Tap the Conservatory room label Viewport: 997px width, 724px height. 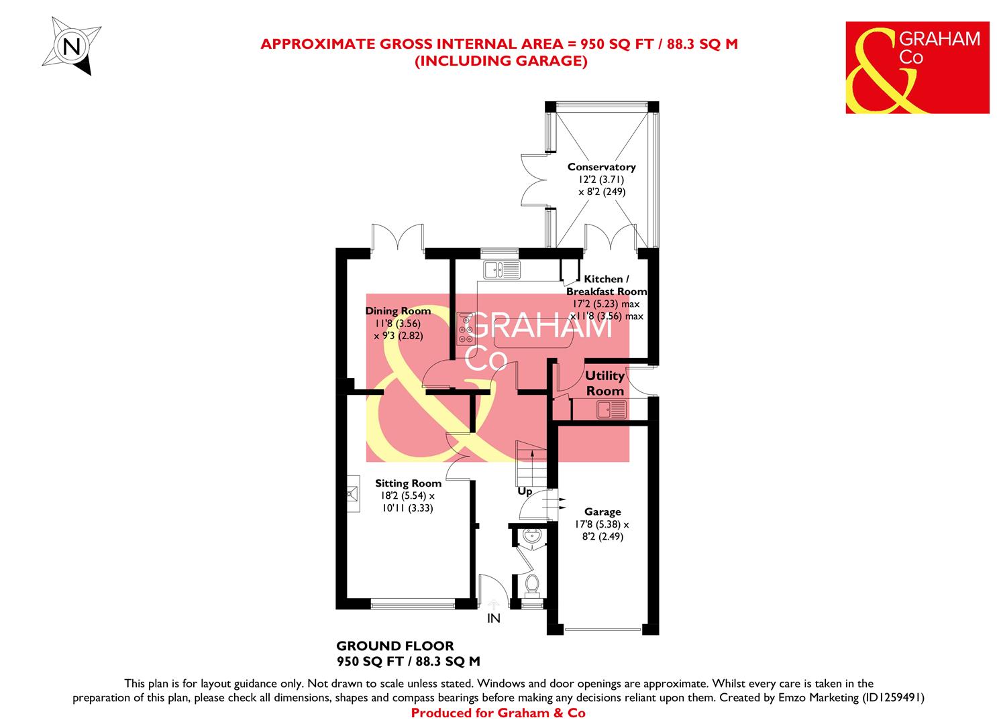click(x=601, y=167)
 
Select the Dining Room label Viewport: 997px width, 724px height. click(x=398, y=311)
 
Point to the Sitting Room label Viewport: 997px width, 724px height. click(x=408, y=483)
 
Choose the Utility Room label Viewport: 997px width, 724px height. click(x=605, y=383)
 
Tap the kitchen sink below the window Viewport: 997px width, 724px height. click(x=501, y=269)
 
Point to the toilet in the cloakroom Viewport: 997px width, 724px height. click(x=532, y=585)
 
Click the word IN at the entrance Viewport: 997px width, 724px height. click(x=494, y=619)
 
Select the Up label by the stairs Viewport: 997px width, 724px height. click(x=525, y=492)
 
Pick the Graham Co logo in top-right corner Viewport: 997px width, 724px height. click(x=917, y=68)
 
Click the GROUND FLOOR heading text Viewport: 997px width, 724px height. click(x=395, y=647)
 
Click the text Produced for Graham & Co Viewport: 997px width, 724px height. click(x=498, y=713)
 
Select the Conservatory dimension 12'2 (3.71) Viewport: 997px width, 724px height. click(x=601, y=180)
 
